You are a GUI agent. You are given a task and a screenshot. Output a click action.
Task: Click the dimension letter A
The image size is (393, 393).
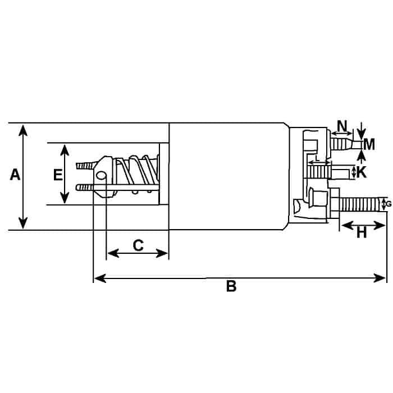(x=15, y=175)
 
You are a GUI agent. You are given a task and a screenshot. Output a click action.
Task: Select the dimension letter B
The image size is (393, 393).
(x=231, y=286)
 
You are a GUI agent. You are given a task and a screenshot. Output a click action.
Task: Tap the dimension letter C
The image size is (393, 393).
(x=138, y=245)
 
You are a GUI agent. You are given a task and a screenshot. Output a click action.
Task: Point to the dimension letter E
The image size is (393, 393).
(x=58, y=175)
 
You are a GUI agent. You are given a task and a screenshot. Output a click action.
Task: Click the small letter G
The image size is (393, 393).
(x=389, y=204)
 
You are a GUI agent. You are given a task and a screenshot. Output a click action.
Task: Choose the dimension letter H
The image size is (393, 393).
(x=362, y=232)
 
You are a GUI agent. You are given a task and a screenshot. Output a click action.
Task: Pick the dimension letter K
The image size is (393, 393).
(x=362, y=172)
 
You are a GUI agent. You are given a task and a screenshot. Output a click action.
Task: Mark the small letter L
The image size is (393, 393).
(x=317, y=158)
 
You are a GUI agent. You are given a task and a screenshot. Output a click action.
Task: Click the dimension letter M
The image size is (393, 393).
(x=369, y=145)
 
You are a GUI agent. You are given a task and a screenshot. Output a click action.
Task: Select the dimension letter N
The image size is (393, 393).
(x=342, y=126)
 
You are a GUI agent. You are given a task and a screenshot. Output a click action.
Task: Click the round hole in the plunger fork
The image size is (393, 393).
(x=100, y=175)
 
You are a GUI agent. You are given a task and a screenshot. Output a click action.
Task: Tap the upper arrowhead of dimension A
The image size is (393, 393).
(x=23, y=130)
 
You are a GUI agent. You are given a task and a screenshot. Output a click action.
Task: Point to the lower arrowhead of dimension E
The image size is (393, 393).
(x=65, y=198)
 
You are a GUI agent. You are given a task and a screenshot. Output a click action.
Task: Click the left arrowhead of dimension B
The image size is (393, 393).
(x=100, y=278)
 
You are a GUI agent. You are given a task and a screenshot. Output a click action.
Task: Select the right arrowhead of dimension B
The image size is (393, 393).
(x=380, y=278)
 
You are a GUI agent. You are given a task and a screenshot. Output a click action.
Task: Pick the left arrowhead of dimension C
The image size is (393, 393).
(x=113, y=253)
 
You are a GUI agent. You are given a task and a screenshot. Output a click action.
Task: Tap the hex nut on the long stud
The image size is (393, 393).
(x=335, y=203)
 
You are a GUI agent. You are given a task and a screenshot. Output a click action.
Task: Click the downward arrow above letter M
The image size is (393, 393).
(x=361, y=131)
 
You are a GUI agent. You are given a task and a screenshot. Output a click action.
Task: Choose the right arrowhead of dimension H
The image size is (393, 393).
(x=379, y=226)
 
